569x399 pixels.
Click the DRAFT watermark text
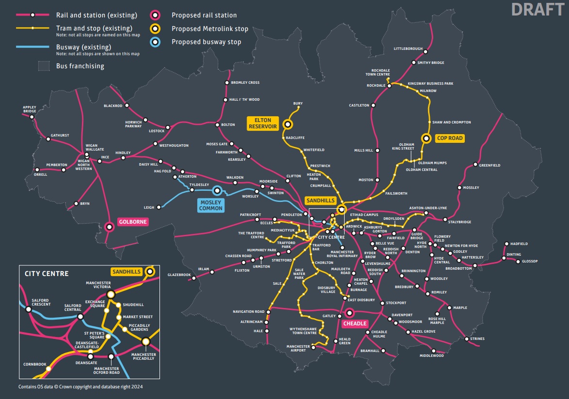(x=538, y=10)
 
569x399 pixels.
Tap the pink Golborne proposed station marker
(x=110, y=226)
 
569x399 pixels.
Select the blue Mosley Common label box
(x=210, y=205)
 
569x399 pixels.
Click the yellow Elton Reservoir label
(x=263, y=123)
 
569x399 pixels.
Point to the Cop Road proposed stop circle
(x=426, y=138)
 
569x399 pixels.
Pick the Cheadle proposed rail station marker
(x=349, y=312)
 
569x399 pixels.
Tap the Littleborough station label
(x=408, y=49)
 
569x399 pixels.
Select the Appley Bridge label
(x=30, y=109)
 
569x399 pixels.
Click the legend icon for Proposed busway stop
(x=155, y=42)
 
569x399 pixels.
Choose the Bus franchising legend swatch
(x=45, y=66)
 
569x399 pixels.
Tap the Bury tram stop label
(x=298, y=104)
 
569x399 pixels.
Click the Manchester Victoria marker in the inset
(x=111, y=294)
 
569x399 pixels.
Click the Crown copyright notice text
(x=80, y=387)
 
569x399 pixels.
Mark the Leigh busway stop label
(x=149, y=207)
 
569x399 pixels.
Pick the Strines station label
(x=477, y=339)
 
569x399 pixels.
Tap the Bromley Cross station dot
(x=226, y=83)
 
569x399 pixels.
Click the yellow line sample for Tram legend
(x=32, y=28)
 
